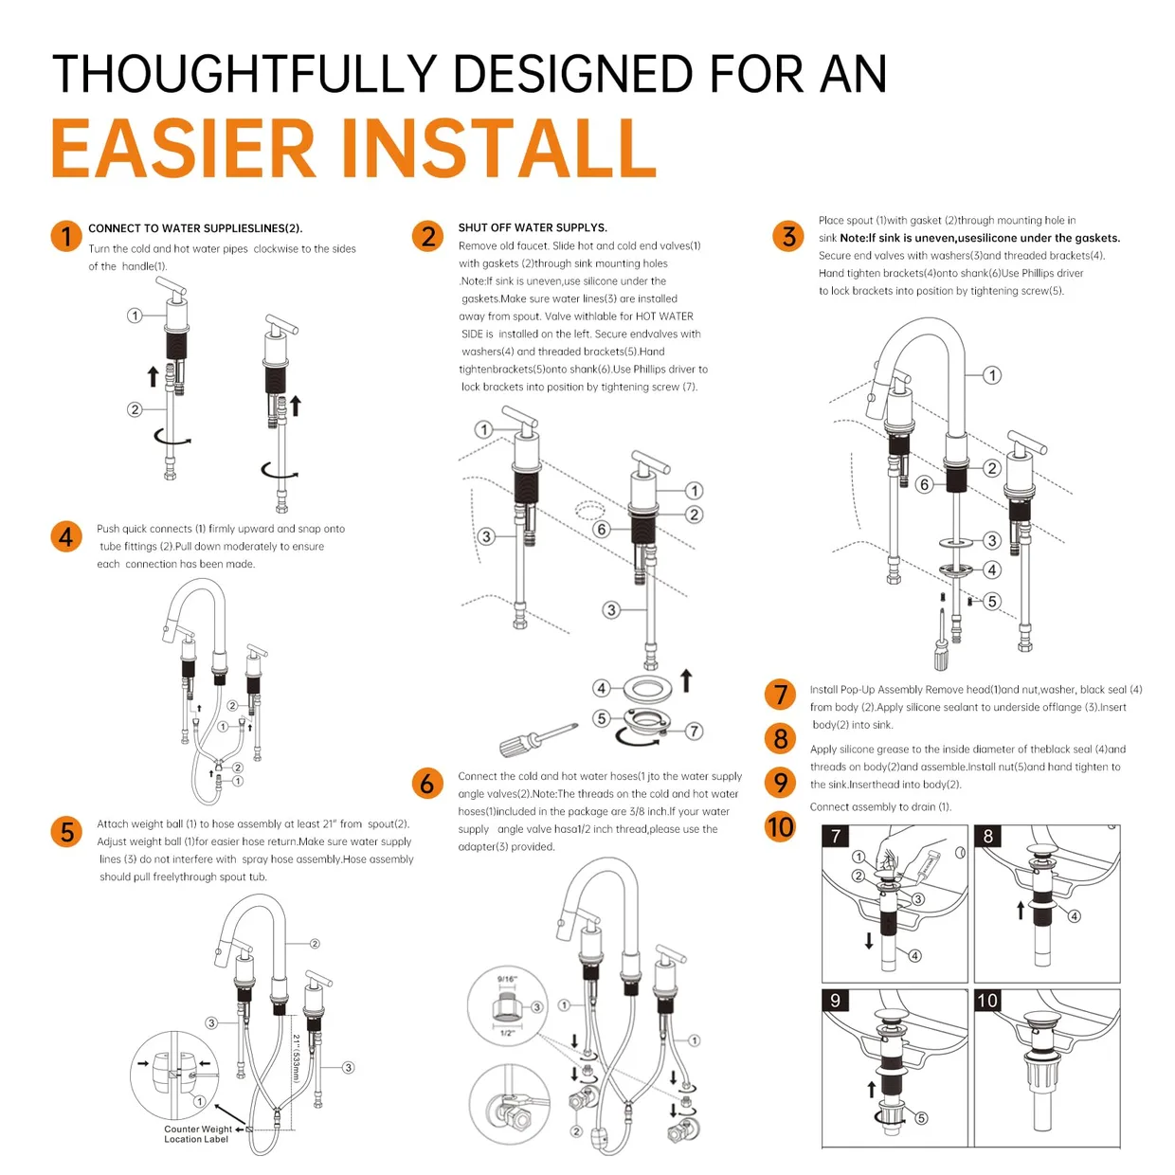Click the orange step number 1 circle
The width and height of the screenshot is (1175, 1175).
click(x=65, y=236)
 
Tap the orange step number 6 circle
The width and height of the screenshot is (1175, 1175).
click(x=426, y=783)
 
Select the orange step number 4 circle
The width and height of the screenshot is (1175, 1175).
click(x=65, y=536)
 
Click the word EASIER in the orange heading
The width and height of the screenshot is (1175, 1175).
click(x=183, y=148)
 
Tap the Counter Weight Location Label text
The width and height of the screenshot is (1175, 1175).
click(x=197, y=1133)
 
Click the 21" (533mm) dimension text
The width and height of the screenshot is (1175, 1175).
click(x=297, y=1057)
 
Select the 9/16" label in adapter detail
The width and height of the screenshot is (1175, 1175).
click(x=507, y=979)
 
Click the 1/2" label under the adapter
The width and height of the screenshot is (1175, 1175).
click(x=507, y=1032)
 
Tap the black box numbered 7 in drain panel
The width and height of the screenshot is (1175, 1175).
click(x=836, y=837)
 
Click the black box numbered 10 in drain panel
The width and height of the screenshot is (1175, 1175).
click(x=987, y=1001)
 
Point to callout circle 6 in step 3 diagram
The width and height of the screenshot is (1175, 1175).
click(x=925, y=484)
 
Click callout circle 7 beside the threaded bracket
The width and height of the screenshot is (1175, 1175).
click(x=694, y=731)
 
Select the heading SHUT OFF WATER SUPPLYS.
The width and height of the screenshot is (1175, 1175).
click(x=533, y=227)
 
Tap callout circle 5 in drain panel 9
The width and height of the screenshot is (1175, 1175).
click(x=921, y=1118)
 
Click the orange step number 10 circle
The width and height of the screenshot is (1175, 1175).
click(x=780, y=827)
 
